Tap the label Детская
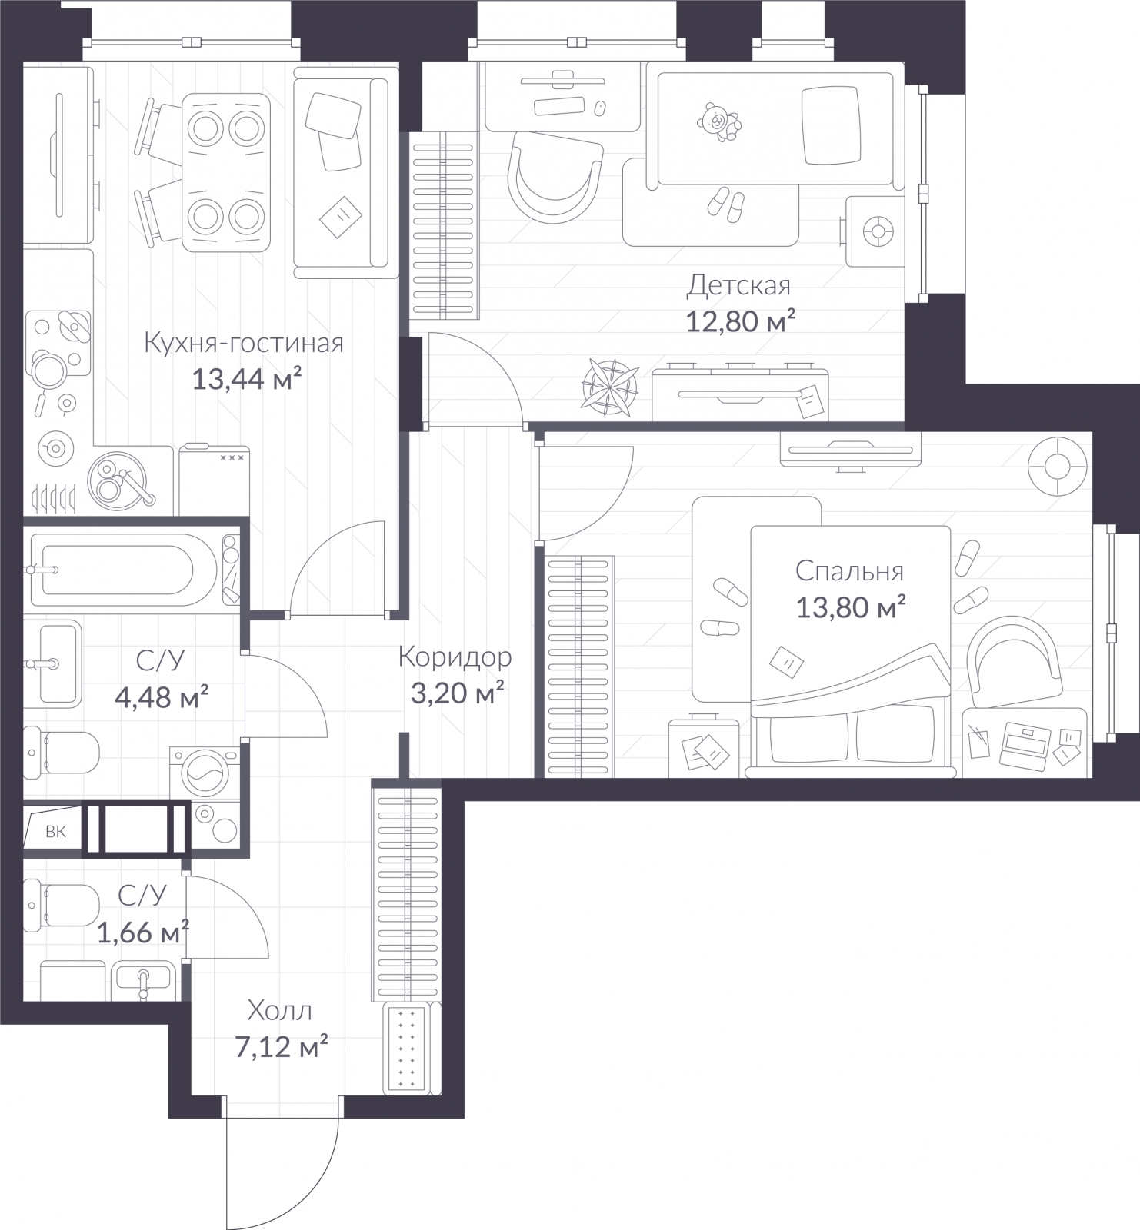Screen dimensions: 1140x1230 pyautogui.click(x=738, y=286)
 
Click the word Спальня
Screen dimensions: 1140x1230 pyautogui.click(x=849, y=572)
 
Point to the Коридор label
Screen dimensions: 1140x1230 pyautogui.click(x=455, y=657)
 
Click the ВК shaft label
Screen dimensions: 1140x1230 pyautogui.click(x=55, y=831)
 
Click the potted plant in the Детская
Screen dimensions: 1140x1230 pyautogui.click(x=611, y=387)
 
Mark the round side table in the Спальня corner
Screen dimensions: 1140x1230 pyautogui.click(x=1058, y=467)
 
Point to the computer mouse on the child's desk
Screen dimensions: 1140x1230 pyautogui.click(x=599, y=107)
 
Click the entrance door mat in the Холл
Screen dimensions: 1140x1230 pyautogui.click(x=407, y=1047)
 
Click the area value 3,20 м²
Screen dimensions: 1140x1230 pyautogui.click(x=458, y=693)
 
